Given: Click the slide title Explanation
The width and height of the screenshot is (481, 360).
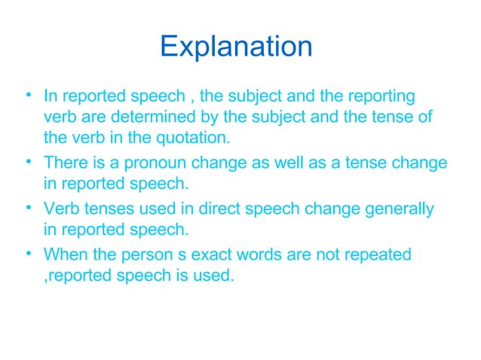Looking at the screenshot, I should (x=236, y=47).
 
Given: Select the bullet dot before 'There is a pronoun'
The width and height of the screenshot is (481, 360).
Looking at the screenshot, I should (x=27, y=161).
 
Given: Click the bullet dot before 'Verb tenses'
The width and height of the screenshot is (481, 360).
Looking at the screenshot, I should (x=27, y=207).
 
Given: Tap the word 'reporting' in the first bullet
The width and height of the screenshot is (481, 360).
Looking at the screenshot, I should (x=381, y=96).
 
